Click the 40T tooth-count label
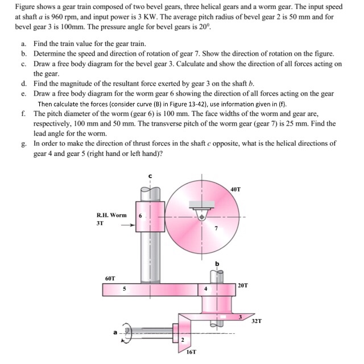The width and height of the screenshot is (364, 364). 237,189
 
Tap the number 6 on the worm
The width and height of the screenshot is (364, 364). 141,217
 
